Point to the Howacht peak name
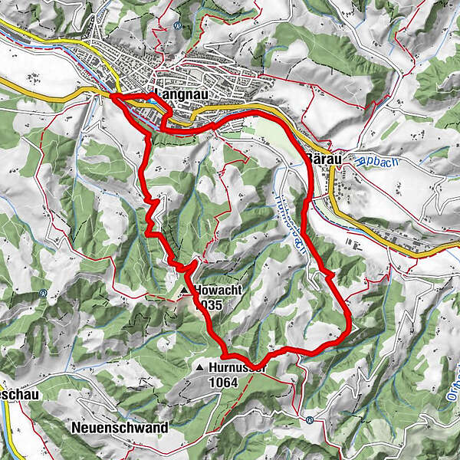point(219,291)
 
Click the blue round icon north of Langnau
point(178,24)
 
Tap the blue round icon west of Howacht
point(44,292)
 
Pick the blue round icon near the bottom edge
point(308,419)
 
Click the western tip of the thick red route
point(112,97)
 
